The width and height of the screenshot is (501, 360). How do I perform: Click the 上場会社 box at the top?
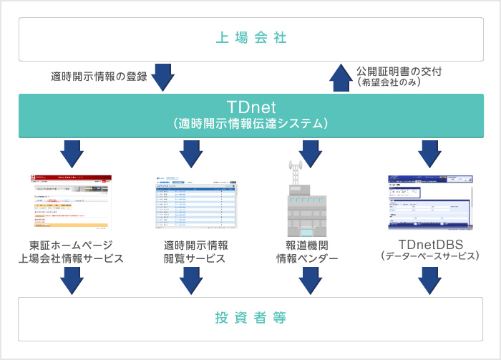(x=250, y=37)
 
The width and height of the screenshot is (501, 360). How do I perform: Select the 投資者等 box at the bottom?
(x=250, y=318)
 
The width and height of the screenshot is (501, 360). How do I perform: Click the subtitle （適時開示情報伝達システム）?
(x=250, y=124)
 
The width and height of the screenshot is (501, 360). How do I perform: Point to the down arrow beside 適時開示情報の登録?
(x=164, y=77)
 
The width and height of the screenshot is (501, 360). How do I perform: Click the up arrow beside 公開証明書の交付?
(x=339, y=77)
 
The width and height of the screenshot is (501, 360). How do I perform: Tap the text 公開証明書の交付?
(x=394, y=71)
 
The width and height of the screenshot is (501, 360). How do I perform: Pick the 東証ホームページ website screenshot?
(x=72, y=202)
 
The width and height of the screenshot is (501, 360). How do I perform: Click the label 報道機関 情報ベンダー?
(x=308, y=252)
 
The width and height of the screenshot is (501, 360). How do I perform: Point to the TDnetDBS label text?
(x=429, y=244)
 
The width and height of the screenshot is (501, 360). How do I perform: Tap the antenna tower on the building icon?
(x=295, y=172)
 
